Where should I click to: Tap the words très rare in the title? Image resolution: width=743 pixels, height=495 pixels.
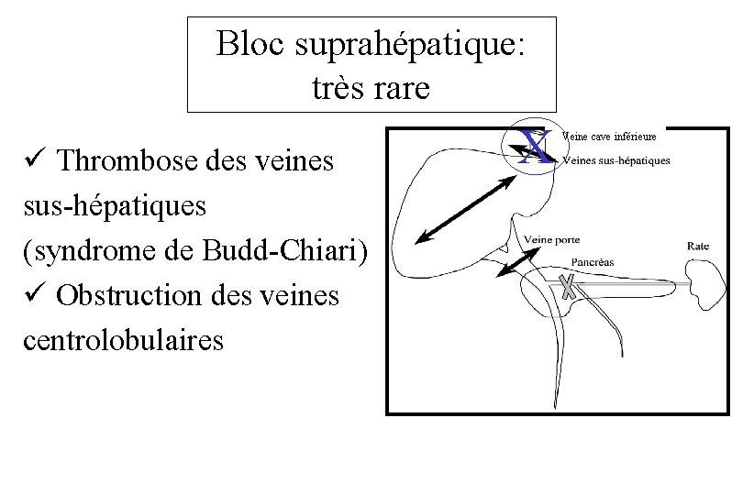[371, 88]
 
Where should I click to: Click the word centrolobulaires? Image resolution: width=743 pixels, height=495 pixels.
[123, 340]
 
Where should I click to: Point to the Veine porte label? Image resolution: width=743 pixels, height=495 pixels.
[552, 240]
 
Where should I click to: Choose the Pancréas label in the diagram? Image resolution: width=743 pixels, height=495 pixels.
[592, 262]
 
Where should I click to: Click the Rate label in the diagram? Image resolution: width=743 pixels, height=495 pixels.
[698, 246]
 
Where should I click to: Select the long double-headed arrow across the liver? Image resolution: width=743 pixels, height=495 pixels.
[464, 209]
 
